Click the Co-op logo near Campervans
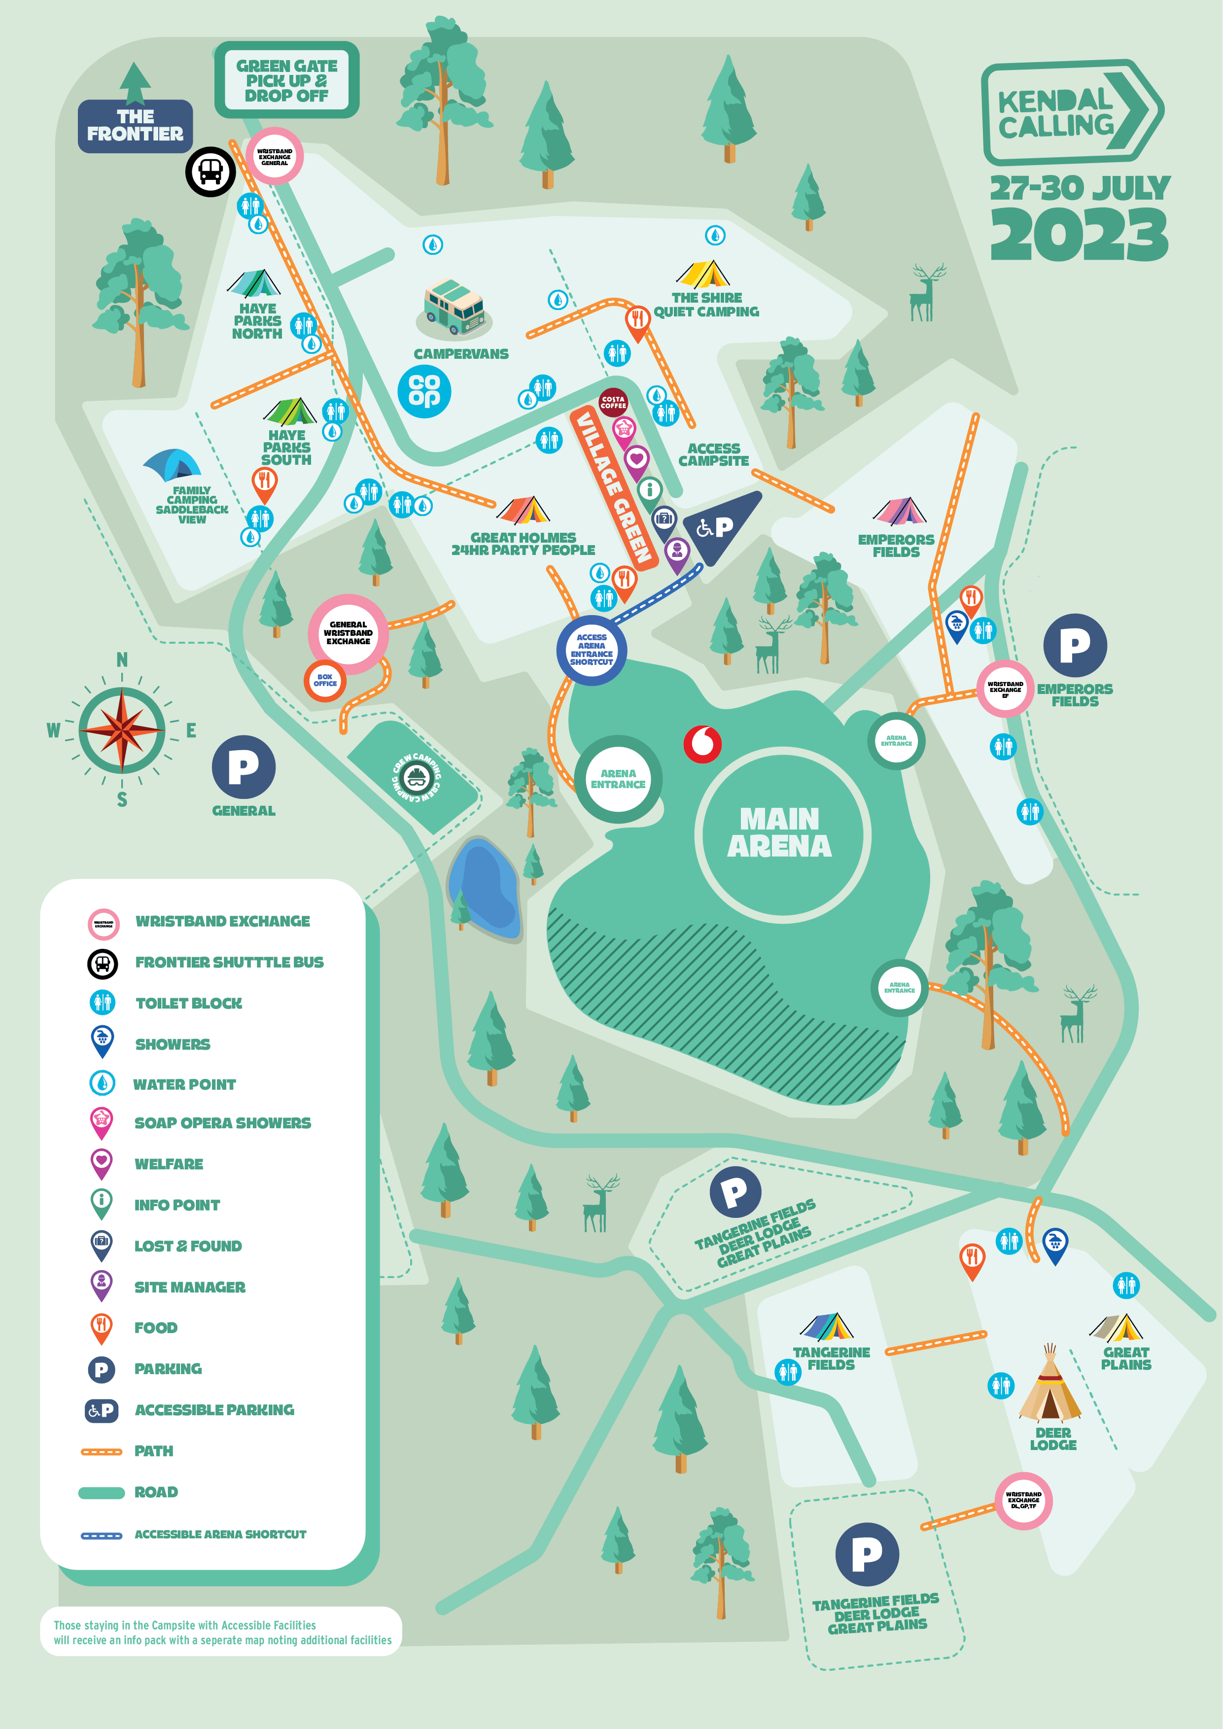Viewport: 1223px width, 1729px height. (x=424, y=391)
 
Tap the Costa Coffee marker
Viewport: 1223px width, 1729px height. (x=613, y=402)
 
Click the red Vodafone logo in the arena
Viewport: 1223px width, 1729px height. (x=702, y=744)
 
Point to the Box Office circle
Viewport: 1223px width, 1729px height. (x=324, y=681)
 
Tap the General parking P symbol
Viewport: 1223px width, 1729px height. (x=243, y=767)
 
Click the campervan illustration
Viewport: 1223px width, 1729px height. (x=454, y=307)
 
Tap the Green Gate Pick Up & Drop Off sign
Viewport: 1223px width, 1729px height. (x=286, y=80)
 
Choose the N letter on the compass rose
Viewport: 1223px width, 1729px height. (x=122, y=659)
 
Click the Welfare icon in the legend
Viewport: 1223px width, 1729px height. (x=102, y=1163)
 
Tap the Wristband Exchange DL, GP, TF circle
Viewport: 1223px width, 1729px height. (x=1023, y=1500)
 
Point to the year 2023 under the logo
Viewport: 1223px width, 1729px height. (x=1079, y=235)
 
